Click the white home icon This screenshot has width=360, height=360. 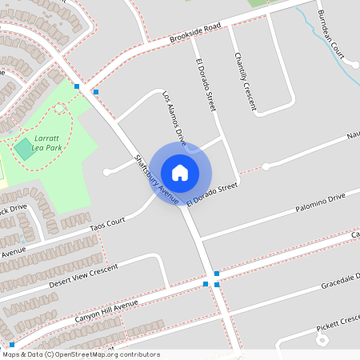click(179, 172)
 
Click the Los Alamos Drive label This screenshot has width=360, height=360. click(174, 115)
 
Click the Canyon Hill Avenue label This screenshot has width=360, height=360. click(107, 310)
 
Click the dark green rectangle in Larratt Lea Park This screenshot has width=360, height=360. click(24, 149)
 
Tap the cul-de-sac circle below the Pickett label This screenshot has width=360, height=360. click(323, 339)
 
